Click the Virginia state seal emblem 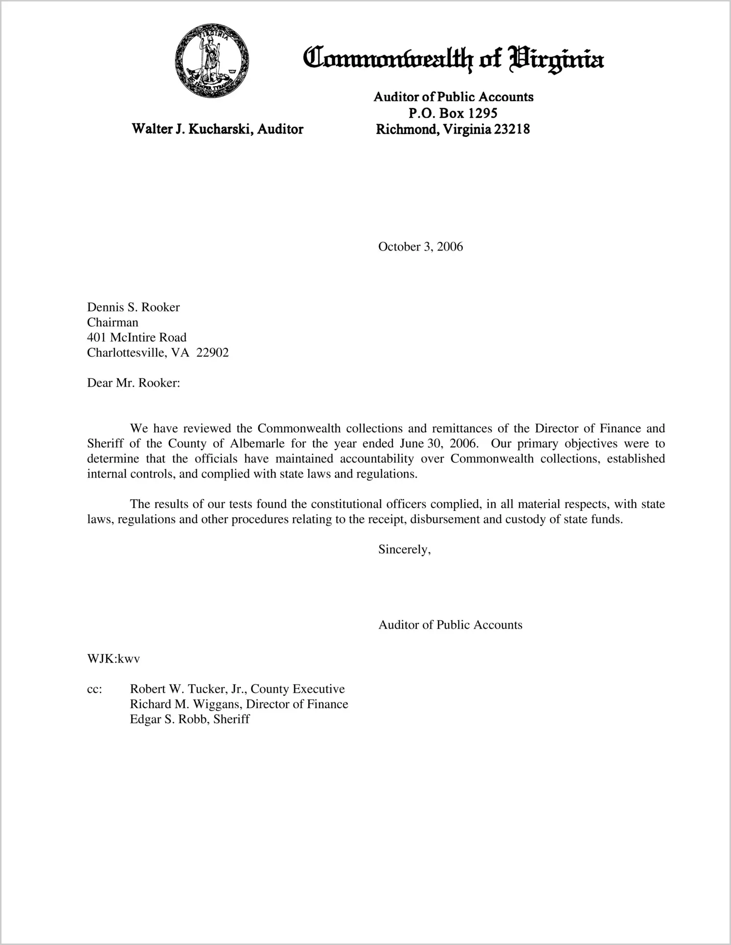212,61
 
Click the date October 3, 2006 420,247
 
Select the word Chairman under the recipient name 113,323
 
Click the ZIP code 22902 212,353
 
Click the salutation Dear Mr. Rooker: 134,383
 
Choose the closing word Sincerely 404,550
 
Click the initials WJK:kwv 114,659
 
